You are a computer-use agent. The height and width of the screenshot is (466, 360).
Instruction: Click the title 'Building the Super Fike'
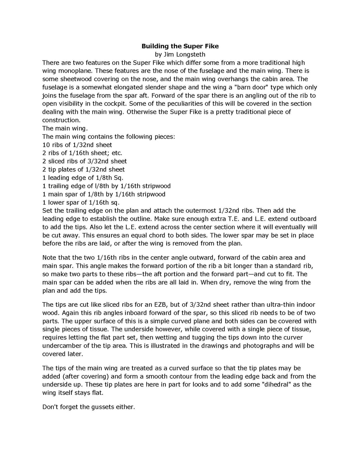180,46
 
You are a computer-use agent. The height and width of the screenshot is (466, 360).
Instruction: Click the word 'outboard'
302,219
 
